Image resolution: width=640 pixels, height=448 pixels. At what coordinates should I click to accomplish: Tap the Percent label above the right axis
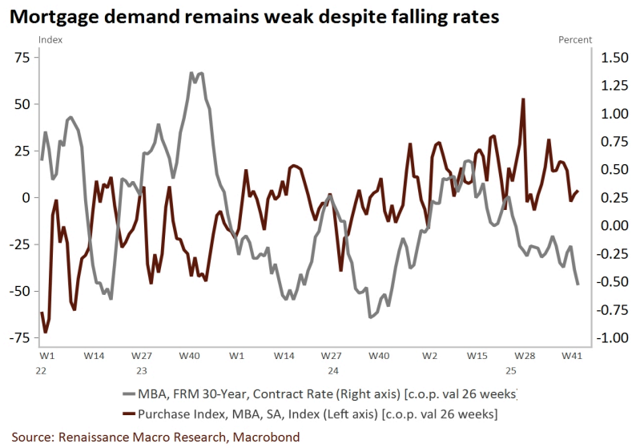(575, 39)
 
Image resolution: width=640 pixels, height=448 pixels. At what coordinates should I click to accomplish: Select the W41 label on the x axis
(571, 354)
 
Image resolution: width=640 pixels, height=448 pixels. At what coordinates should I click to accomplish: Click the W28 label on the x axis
(525, 354)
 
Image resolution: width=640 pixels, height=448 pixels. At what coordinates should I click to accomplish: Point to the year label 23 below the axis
(141, 371)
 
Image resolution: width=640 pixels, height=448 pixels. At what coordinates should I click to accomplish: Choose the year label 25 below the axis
(510, 371)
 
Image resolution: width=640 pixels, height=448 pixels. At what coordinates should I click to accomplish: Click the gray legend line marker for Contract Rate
(137, 395)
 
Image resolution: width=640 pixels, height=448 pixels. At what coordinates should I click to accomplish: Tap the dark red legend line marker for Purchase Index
(137, 414)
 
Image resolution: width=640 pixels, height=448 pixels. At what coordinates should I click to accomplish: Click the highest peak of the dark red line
(523, 99)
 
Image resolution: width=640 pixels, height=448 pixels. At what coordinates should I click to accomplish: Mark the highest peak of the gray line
(192, 73)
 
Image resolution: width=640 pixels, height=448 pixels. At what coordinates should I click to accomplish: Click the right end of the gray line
(578, 285)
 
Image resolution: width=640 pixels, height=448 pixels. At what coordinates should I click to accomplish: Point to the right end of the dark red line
(578, 191)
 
